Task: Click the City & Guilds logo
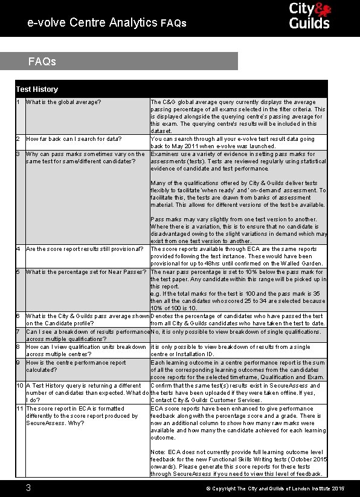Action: [x=309, y=16]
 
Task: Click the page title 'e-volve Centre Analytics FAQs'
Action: [x=107, y=23]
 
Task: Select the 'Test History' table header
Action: [x=37, y=89]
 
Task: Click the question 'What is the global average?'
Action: [x=63, y=102]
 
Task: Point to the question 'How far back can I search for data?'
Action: [x=74, y=139]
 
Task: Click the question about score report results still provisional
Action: [x=85, y=248]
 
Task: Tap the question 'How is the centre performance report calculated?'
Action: [x=76, y=366]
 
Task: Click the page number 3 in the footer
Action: [x=28, y=487]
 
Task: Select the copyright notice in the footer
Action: [x=275, y=488]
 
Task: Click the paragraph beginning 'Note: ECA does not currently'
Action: [x=239, y=463]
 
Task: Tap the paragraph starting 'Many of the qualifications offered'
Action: [x=239, y=193]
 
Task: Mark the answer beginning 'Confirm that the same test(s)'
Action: [x=236, y=392]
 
